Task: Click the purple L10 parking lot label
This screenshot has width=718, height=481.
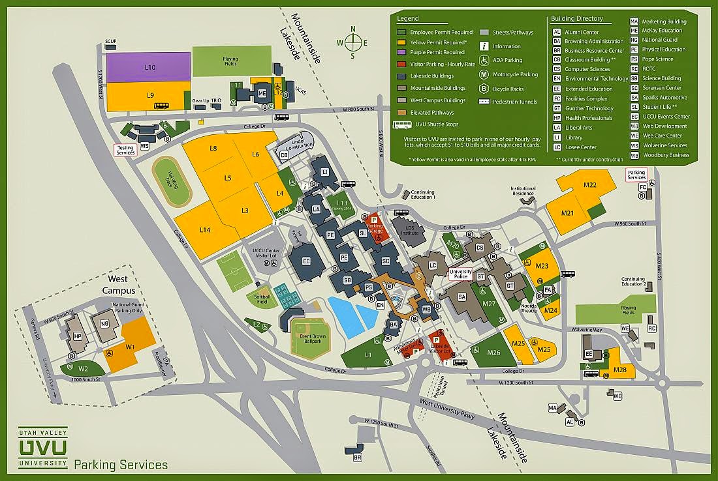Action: coord(150,67)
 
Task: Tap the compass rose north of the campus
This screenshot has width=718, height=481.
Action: coord(353,43)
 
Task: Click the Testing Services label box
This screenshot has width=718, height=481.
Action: coord(125,150)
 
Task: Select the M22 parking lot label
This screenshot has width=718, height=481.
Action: coord(590,185)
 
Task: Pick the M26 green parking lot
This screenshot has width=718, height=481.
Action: coord(493,353)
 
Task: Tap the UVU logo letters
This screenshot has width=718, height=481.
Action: coord(43,448)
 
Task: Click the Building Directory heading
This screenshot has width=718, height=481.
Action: coord(577,19)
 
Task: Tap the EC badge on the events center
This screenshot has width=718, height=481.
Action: coord(304,261)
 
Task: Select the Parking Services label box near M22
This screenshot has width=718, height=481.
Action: coord(636,175)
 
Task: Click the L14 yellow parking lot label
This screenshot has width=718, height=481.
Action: coord(205,230)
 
